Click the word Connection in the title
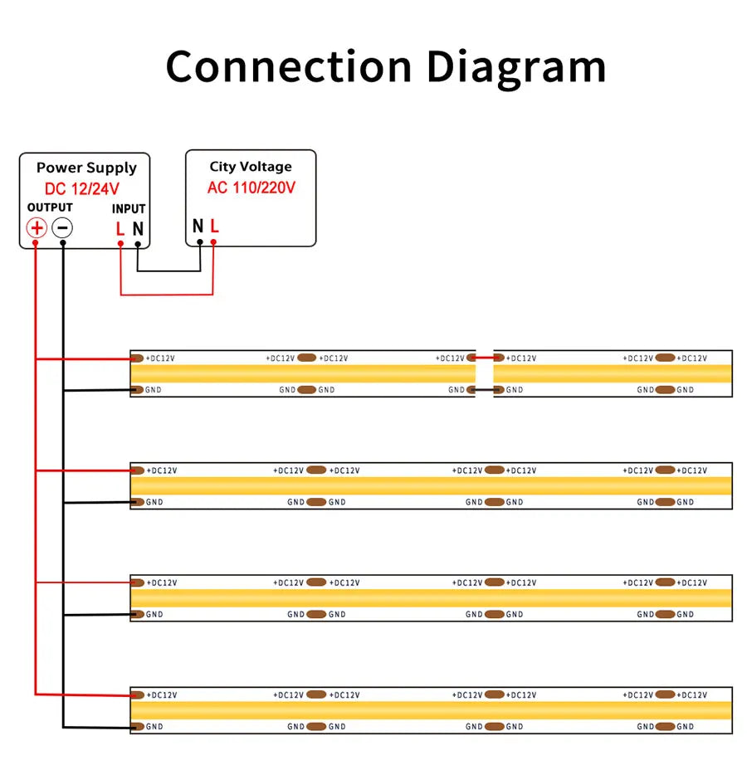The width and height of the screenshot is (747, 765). [289, 66]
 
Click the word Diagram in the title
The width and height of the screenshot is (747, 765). [516, 69]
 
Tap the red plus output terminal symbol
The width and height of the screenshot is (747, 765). [37, 228]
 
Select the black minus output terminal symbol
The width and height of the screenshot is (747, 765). [62, 228]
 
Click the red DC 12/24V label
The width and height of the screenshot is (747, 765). [82, 189]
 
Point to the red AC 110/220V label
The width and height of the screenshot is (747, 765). [251, 188]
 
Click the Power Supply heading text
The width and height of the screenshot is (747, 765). [86, 168]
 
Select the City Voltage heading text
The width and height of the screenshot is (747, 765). [251, 167]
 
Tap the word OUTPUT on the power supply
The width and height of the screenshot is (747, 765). [50, 207]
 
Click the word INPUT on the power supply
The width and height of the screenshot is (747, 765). [129, 209]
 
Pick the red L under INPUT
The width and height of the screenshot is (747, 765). [120, 228]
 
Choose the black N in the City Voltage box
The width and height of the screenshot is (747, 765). [198, 226]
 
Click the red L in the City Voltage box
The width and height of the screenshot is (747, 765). [214, 226]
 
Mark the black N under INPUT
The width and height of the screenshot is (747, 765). [138, 228]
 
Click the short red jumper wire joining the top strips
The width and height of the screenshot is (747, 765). [485, 358]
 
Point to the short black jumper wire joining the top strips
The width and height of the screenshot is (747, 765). [485, 390]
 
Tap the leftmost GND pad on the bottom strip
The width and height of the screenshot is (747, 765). [138, 727]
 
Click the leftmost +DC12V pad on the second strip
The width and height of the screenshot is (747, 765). [138, 470]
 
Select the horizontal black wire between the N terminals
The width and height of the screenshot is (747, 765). [168, 270]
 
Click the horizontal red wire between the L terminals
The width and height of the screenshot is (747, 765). [167, 295]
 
